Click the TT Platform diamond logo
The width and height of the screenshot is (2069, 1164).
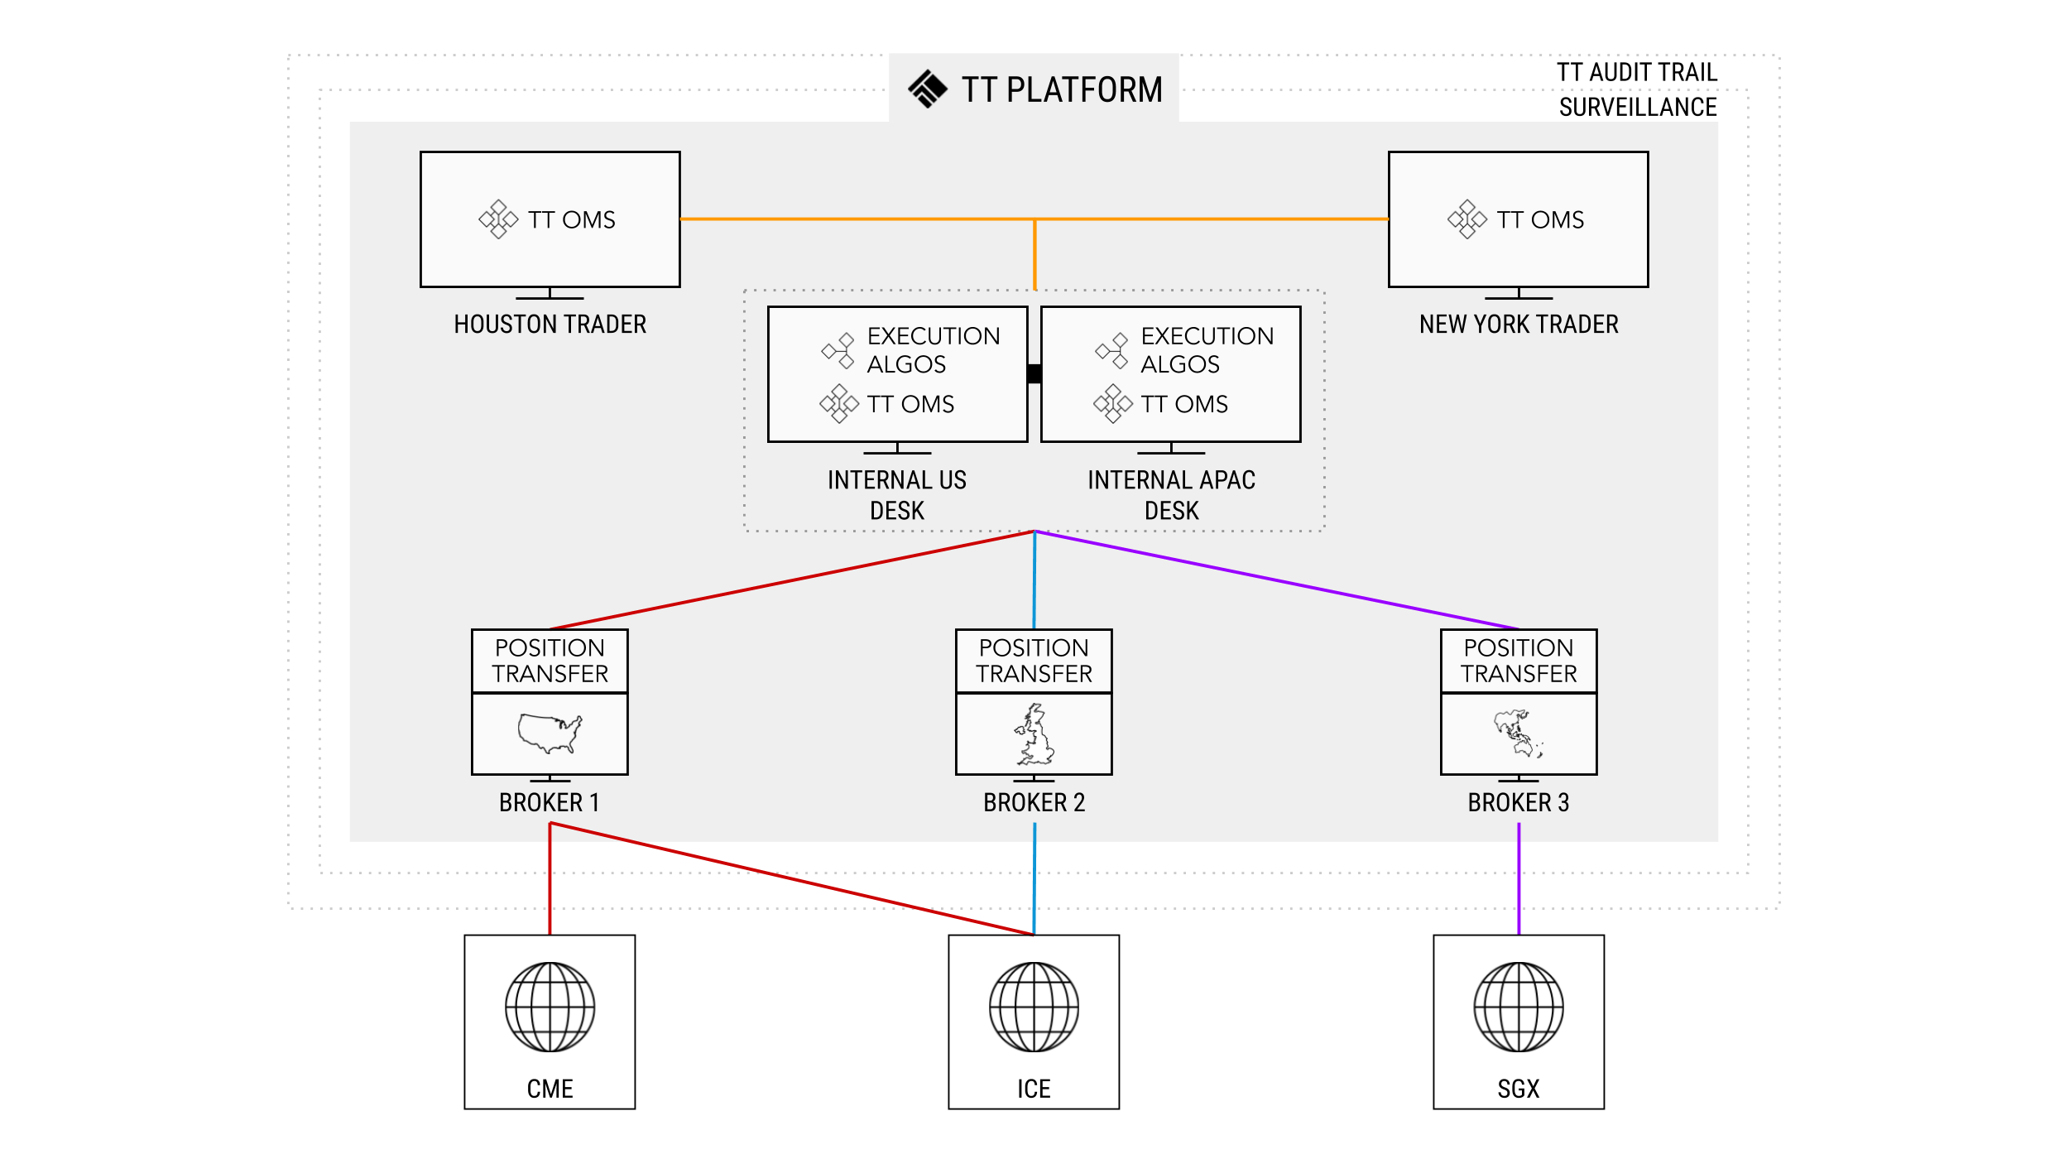tap(927, 89)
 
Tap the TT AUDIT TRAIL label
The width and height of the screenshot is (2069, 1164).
tap(1636, 73)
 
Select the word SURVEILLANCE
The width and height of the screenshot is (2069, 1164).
tap(1637, 108)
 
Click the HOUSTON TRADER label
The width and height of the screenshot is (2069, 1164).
tap(550, 325)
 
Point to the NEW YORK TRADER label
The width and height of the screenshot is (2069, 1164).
tap(1518, 325)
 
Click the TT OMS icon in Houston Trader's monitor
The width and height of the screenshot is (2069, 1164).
tap(498, 219)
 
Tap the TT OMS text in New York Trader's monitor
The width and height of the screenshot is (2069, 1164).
tap(1539, 219)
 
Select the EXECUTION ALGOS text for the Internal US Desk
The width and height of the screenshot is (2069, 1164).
tap(933, 349)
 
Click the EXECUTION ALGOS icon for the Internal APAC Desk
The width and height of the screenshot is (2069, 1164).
tap(1111, 351)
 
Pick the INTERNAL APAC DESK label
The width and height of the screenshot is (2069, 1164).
tap(1171, 495)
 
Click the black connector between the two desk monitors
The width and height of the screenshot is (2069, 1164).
tap(1034, 373)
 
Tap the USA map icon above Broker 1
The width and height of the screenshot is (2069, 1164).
tap(550, 733)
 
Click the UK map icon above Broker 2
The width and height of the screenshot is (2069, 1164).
tap(1034, 734)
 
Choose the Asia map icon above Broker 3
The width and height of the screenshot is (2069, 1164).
tap(1518, 734)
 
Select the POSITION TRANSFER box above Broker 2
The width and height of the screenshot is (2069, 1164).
tap(1034, 661)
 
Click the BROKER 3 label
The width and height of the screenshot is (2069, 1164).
tap(1518, 802)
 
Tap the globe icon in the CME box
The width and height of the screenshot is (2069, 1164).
tap(550, 1007)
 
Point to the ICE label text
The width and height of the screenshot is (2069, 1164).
tap(1034, 1089)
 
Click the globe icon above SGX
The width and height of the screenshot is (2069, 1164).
tap(1518, 1007)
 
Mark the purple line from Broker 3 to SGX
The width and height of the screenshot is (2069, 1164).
tap(1518, 878)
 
